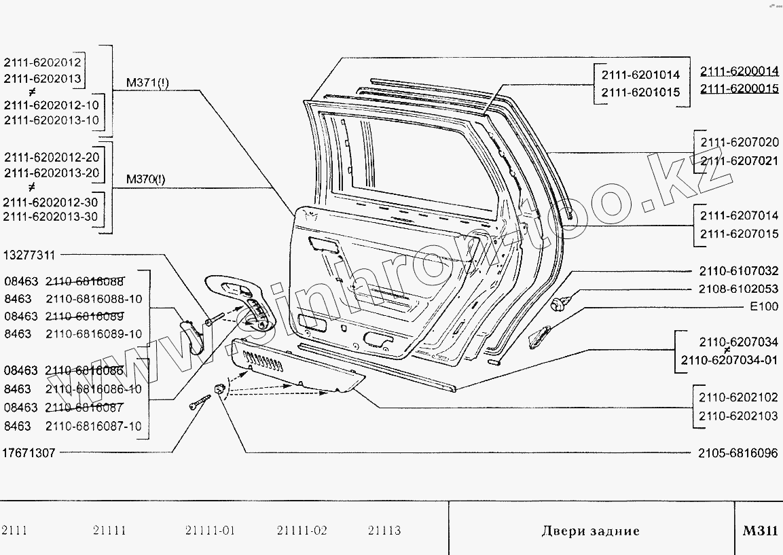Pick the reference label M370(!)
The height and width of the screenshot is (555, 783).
point(145,180)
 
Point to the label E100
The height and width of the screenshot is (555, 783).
point(764,306)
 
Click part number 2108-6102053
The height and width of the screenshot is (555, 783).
point(739,289)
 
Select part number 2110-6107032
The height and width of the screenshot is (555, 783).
point(739,270)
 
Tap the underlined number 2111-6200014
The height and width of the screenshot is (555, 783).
point(739,71)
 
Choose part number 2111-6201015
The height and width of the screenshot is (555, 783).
point(640,92)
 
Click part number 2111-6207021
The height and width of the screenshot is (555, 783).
point(739,160)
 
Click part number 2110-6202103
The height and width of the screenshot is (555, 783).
point(739,416)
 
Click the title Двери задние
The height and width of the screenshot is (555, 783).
point(590,531)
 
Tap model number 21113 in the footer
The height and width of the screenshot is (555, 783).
point(384,531)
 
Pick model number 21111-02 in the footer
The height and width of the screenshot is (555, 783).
point(302,531)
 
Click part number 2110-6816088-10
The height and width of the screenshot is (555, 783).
point(94,299)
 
